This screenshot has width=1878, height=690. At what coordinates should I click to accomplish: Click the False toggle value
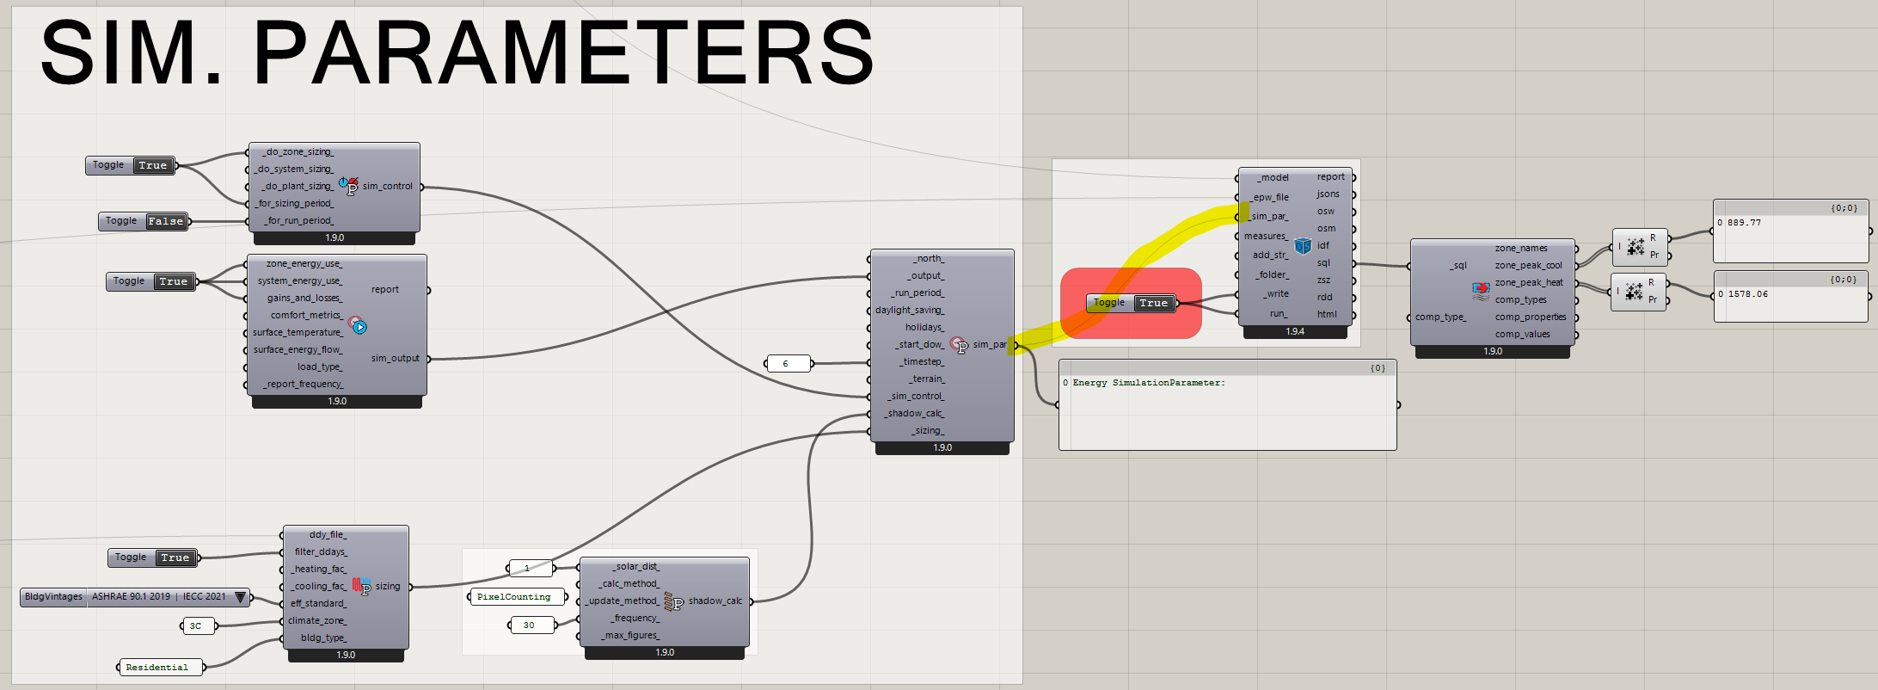[x=165, y=221]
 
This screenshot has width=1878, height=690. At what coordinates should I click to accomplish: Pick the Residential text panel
[x=159, y=668]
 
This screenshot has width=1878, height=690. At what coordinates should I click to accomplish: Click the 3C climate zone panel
[x=197, y=626]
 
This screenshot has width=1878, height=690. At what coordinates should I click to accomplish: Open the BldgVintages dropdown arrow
[x=241, y=597]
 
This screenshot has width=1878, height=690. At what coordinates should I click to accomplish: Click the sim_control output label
[x=387, y=186]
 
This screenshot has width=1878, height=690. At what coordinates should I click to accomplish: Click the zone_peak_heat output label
[x=1529, y=282]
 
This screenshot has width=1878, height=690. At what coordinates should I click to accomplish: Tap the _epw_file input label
[x=1270, y=197]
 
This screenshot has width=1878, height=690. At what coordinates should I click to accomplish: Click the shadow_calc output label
[x=715, y=601]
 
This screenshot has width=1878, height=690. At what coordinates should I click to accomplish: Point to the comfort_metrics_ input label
[x=306, y=315]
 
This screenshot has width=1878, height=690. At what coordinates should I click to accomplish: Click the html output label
[x=1327, y=314]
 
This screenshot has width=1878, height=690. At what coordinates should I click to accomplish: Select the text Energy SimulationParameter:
[x=1149, y=383]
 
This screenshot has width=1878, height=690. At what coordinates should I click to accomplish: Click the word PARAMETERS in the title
[x=563, y=53]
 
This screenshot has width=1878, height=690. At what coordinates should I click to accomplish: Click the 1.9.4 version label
[x=1295, y=331]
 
